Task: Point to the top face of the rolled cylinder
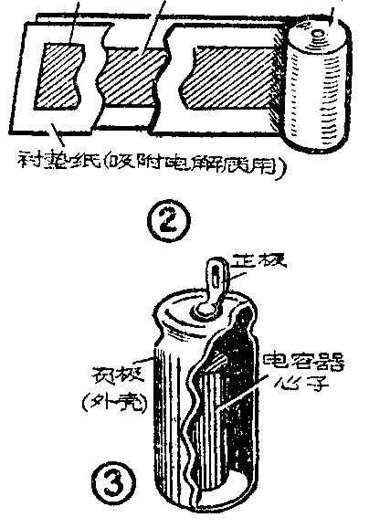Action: [319, 37]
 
